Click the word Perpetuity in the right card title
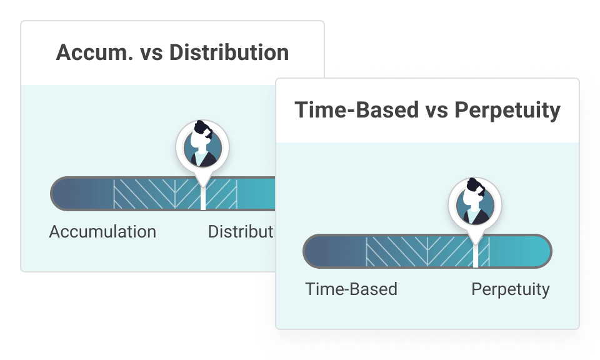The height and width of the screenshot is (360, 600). coord(507,110)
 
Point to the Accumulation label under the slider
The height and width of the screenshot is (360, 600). coord(102,232)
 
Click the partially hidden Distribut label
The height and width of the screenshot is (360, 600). coord(241,232)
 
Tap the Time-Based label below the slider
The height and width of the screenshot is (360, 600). coord(351,289)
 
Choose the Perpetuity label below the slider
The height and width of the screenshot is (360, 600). coord(511,289)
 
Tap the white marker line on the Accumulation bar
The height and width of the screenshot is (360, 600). coord(202,198)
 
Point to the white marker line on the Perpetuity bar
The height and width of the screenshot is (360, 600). coord(476,256)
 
